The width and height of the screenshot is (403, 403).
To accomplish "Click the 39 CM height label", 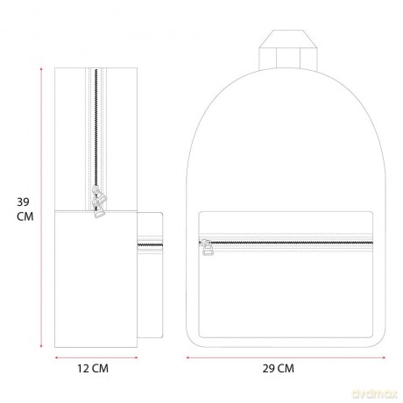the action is tap(25, 209).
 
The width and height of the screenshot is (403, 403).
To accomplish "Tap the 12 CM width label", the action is tap(93, 368).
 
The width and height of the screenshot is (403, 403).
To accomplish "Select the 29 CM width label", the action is tap(278, 368).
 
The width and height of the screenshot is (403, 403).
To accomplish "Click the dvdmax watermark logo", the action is tap(375, 394).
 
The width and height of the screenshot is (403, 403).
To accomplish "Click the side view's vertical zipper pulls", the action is tap(99, 201).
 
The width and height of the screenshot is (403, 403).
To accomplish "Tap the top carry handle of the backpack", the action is tap(287, 50).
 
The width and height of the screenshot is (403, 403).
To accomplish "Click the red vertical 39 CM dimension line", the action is tap(41, 208).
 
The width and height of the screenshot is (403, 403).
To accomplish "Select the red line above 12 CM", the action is tap(96, 357).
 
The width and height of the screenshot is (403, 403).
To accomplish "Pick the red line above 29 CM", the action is tap(286, 357).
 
